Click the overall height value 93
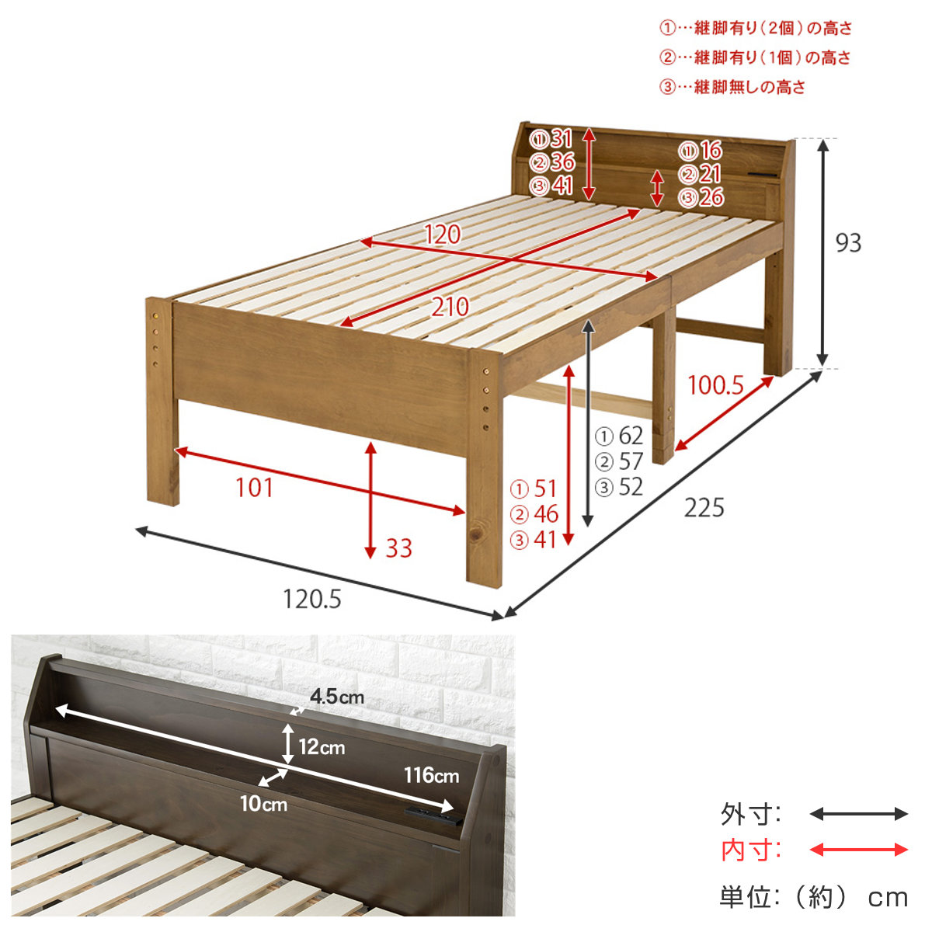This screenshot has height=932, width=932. (848, 243)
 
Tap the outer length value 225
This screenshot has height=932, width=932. (704, 508)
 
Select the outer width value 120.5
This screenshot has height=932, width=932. (312, 600)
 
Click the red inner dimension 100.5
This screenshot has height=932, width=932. (715, 385)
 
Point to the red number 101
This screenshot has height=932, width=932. (255, 488)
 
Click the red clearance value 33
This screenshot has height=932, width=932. (398, 548)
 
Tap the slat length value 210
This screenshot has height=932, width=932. (450, 307)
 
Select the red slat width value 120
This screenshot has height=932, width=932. (443, 235)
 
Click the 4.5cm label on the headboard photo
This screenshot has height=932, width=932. (337, 697)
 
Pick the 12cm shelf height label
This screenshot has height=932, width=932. (322, 747)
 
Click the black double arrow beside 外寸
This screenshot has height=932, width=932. (858, 814)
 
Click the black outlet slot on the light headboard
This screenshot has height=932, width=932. (763, 173)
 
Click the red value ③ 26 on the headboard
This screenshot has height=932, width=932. (701, 197)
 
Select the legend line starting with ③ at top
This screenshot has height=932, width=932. (732, 87)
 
